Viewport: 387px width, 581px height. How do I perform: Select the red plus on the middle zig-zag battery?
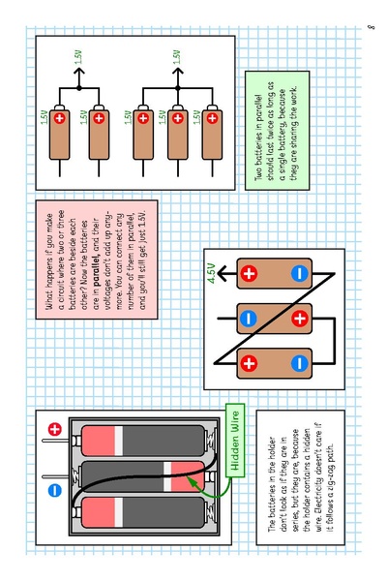pos(299,317)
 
